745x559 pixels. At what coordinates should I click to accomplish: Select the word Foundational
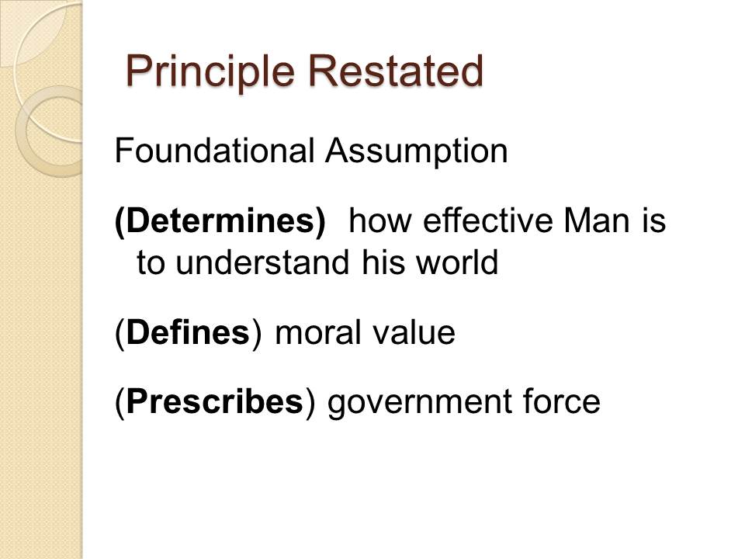point(214,151)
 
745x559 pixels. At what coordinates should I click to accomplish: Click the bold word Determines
point(220,221)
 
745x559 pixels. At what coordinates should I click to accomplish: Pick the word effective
point(487,220)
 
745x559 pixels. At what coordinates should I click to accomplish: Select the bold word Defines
point(188,332)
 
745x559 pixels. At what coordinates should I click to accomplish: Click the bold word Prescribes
point(215,401)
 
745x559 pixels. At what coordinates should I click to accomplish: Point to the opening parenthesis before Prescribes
point(120,404)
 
